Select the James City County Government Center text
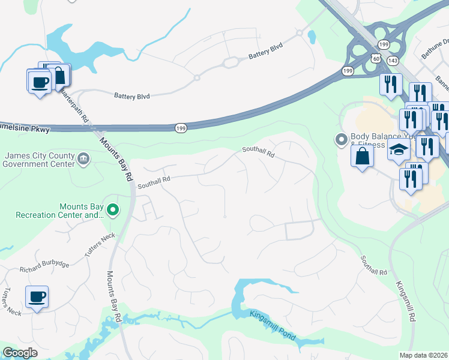coord(38,160)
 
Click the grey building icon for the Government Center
coord(83,159)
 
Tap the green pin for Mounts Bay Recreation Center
coord(112,210)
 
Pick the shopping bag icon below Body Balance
coord(363,157)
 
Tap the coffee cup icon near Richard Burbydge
coord(37,296)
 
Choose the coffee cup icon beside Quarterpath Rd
coord(39,81)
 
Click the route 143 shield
coord(393,61)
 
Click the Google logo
coord(20,353)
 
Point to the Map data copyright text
coord(423,355)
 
